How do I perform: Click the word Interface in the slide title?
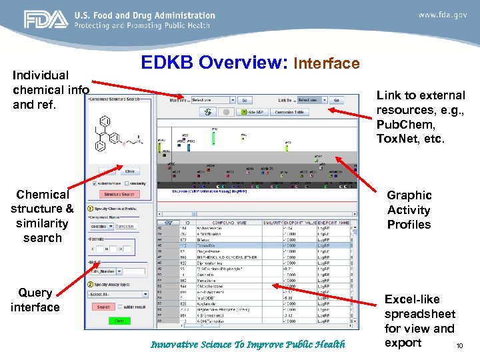(327, 64)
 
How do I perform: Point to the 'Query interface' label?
(35, 300)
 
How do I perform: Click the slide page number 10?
(459, 345)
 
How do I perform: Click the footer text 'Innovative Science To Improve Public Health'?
(248, 345)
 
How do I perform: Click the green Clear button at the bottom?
(119, 321)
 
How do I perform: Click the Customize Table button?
(289, 112)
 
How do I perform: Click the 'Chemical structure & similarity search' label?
(42, 216)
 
